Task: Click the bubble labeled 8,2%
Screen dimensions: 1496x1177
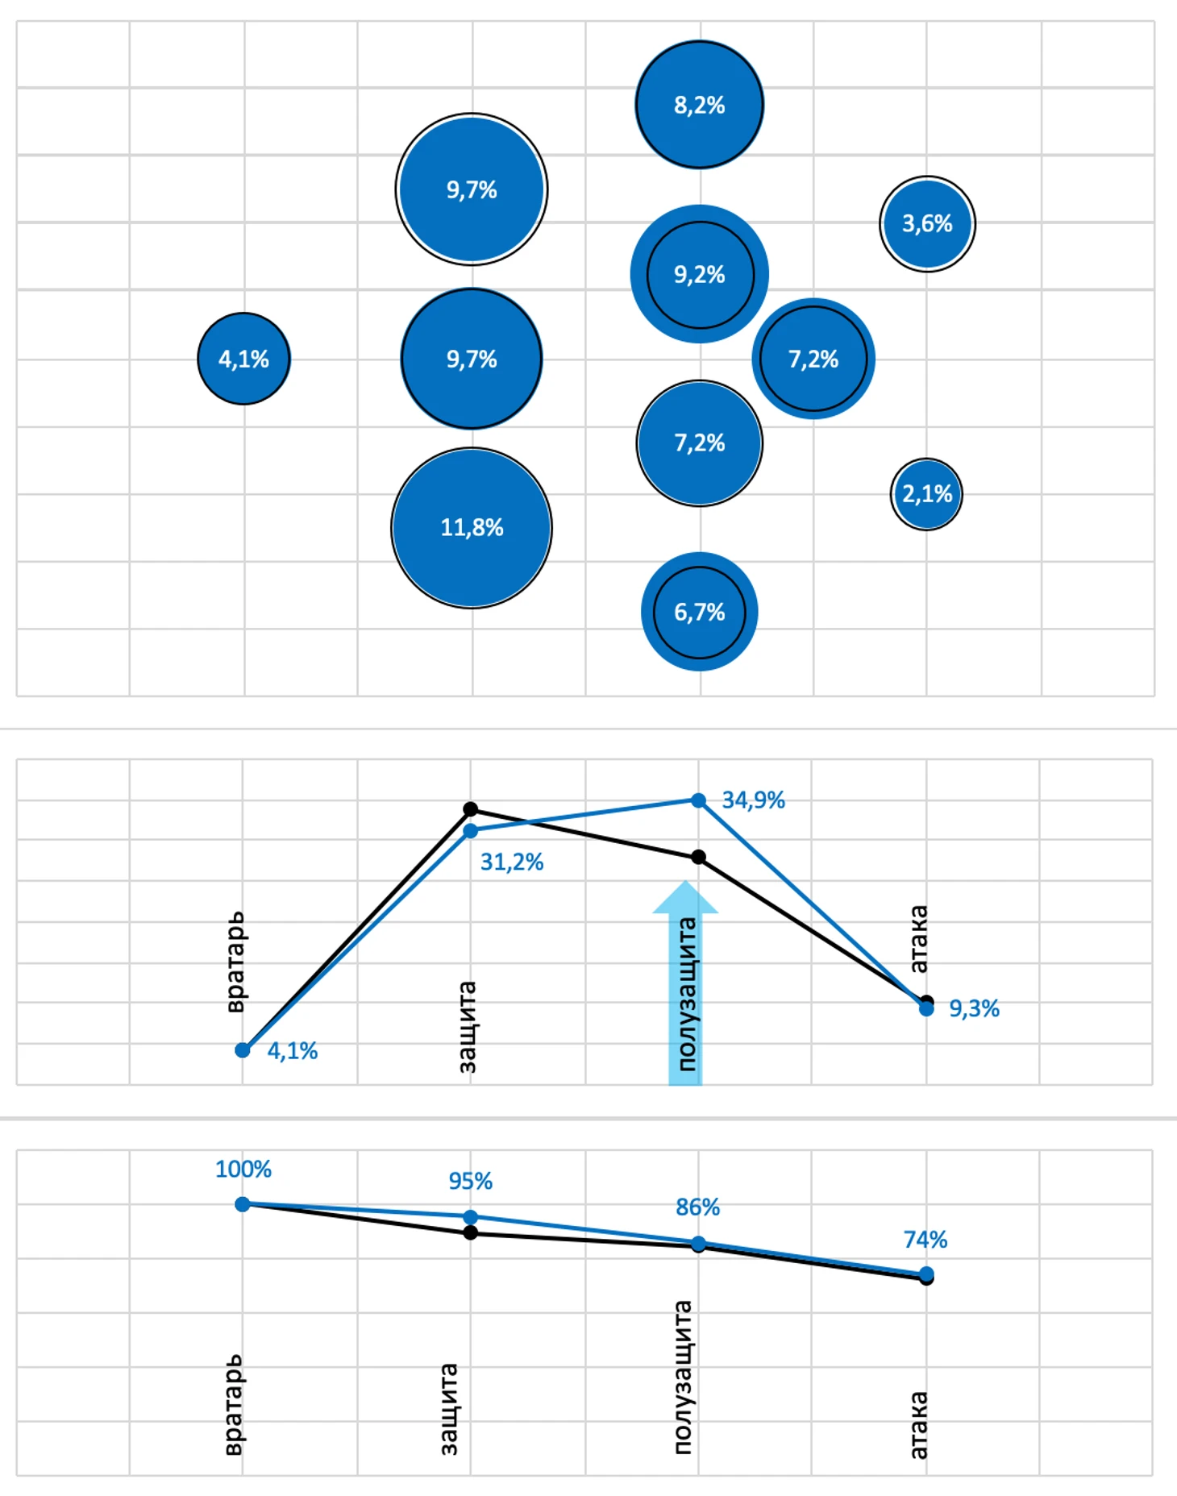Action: pyautogui.click(x=699, y=105)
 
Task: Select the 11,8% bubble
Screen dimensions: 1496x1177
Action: pyautogui.click(x=472, y=528)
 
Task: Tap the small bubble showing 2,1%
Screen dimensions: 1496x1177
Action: pyautogui.click(x=926, y=494)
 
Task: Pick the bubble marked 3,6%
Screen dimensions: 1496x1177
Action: pyautogui.click(x=927, y=223)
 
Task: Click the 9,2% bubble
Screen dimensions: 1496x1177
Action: pyautogui.click(x=699, y=275)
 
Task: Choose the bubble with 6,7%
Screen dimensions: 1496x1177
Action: pyautogui.click(x=699, y=612)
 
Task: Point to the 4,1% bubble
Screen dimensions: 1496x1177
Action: pyautogui.click(x=243, y=359)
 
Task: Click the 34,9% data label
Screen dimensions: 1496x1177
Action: pyautogui.click(x=753, y=800)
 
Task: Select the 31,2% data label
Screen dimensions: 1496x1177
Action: pyautogui.click(x=512, y=862)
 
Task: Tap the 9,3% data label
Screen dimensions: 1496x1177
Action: pyautogui.click(x=974, y=1008)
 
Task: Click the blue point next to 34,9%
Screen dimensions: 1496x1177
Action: pyautogui.click(x=699, y=800)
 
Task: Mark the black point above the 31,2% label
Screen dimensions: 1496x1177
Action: pyautogui.click(x=471, y=808)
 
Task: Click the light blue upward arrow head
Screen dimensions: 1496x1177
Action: pyautogui.click(x=685, y=897)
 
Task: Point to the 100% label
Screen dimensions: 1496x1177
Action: pyautogui.click(x=243, y=1169)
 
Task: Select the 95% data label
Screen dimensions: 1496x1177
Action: pyautogui.click(x=470, y=1181)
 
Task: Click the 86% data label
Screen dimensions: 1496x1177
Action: pyautogui.click(x=697, y=1207)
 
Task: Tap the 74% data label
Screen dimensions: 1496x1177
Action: pyautogui.click(x=925, y=1239)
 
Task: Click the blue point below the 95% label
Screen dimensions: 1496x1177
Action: pyautogui.click(x=471, y=1216)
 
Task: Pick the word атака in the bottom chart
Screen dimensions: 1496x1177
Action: pyautogui.click(x=918, y=1424)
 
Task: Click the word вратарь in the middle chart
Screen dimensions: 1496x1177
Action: pyautogui.click(x=235, y=962)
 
